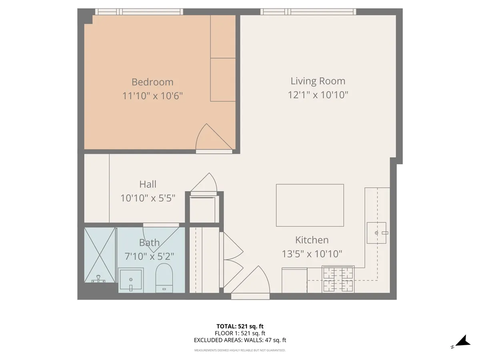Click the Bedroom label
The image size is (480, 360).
click(152, 82)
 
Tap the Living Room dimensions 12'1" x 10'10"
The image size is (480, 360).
click(318, 95)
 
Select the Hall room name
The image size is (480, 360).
click(148, 184)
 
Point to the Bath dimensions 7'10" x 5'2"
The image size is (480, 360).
click(149, 256)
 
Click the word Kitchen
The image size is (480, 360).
click(312, 240)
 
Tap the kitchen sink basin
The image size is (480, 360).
click(376, 233)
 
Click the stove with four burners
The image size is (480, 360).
click(338, 279)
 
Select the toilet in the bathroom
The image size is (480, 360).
click(164, 278)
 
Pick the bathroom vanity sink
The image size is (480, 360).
click(131, 280)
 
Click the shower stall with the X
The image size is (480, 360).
click(100, 255)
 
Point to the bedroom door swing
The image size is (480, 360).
click(214, 137)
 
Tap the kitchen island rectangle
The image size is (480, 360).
click(310, 205)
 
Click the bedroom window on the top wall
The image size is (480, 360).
click(139, 12)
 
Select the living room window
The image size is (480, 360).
click(308, 12)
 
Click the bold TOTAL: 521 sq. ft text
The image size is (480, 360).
click(240, 326)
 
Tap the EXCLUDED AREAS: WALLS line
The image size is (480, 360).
click(240, 340)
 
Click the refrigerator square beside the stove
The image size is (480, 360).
click(294, 280)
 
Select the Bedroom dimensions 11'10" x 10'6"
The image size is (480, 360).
click(152, 96)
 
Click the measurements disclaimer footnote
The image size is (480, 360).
click(240, 350)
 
